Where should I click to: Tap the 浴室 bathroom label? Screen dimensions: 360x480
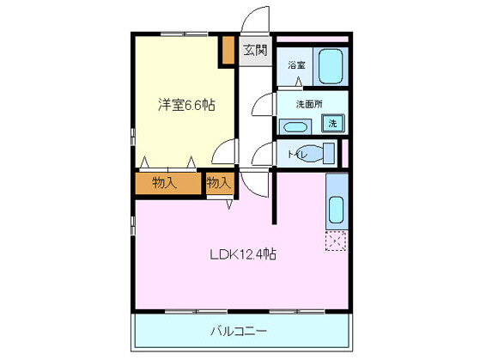point(296,65)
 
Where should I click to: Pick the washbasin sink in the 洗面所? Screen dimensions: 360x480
point(295,126)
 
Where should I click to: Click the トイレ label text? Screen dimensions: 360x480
point(295,154)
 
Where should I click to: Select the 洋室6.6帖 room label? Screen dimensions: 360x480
point(185,105)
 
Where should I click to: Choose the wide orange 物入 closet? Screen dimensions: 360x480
point(166,182)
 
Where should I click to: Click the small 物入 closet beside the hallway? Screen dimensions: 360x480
point(219,182)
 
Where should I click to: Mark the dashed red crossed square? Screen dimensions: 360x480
point(336,241)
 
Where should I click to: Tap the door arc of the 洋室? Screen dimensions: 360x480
point(225,153)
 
